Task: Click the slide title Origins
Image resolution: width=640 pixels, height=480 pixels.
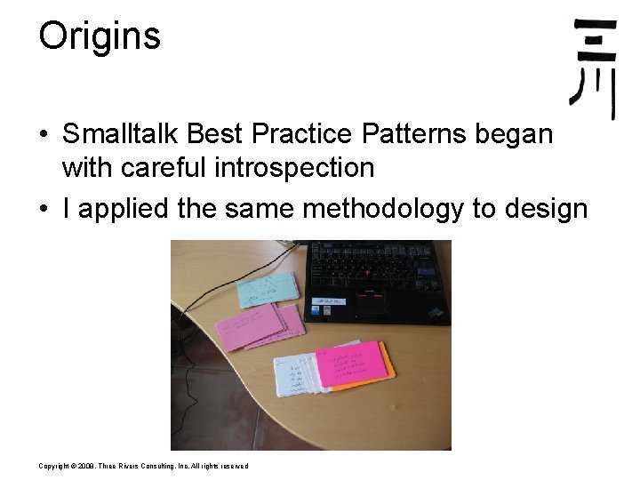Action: pos(100,36)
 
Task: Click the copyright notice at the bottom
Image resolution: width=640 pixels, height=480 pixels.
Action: pos(143,466)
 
